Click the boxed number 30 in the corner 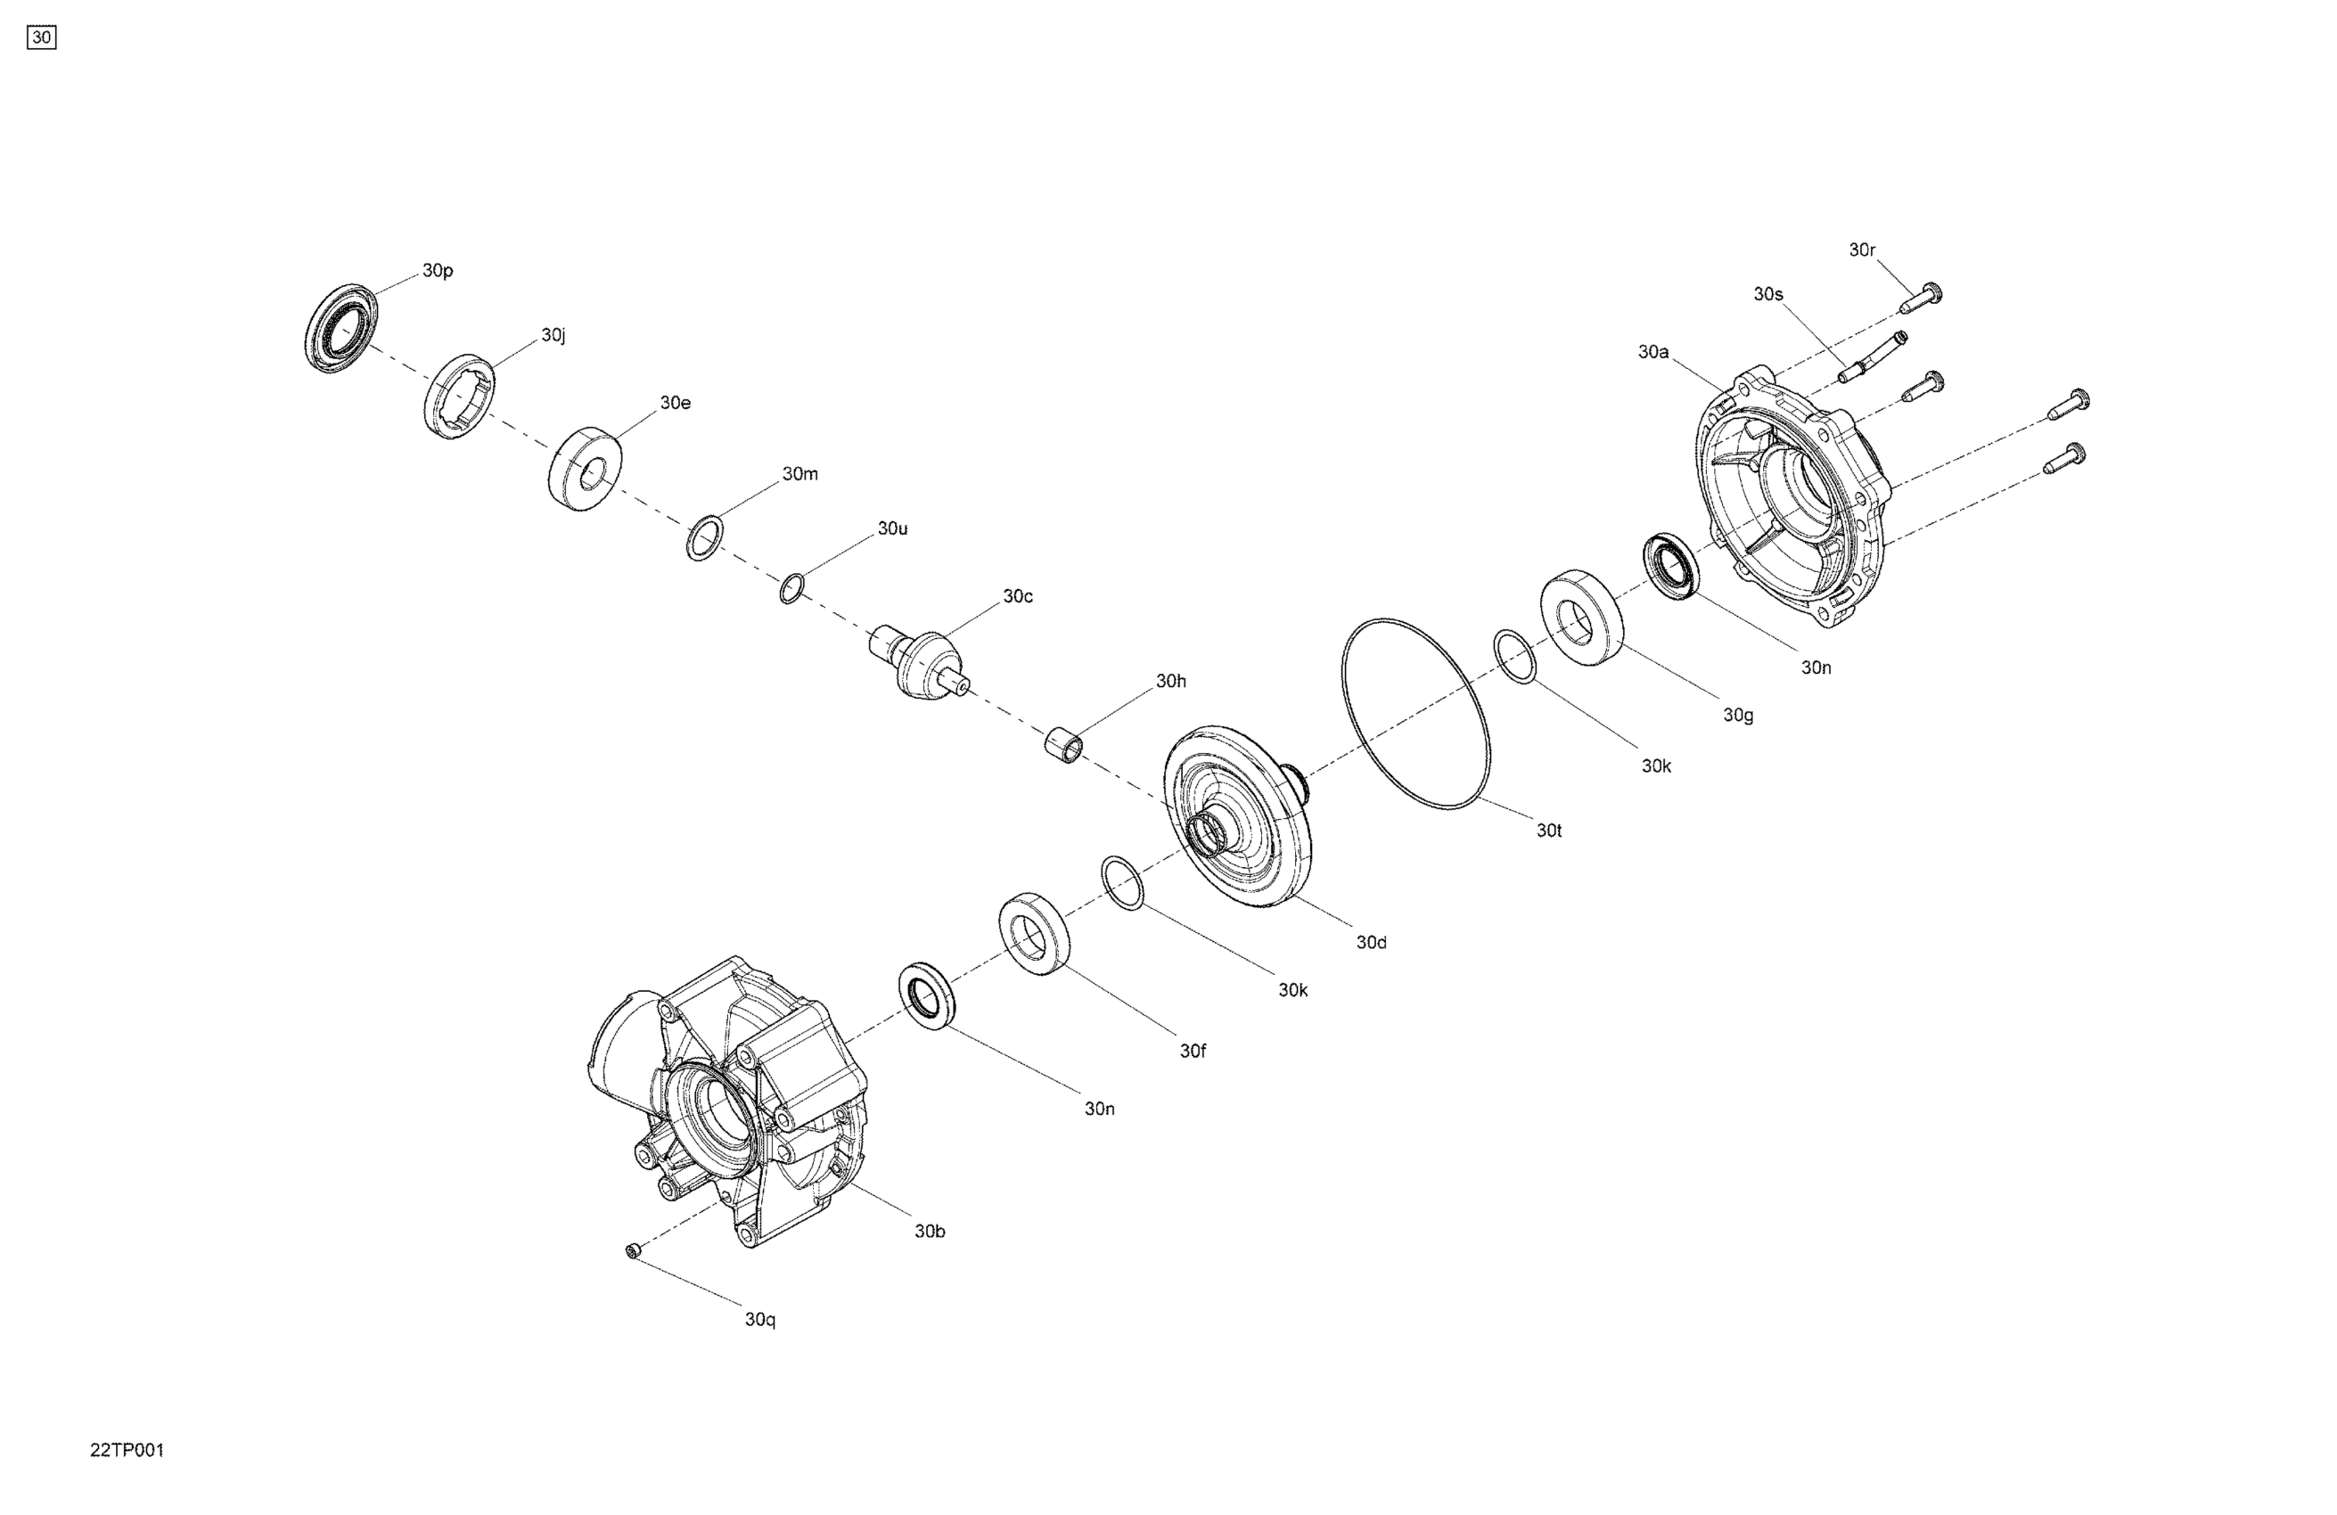pyautogui.click(x=41, y=37)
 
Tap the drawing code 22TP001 pyautogui.click(x=127, y=1450)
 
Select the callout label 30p pyautogui.click(x=438, y=271)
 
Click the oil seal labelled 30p pyautogui.click(x=340, y=328)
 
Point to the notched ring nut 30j pyautogui.click(x=460, y=395)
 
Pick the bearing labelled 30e pyautogui.click(x=585, y=470)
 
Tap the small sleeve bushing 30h pyautogui.click(x=1063, y=741)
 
